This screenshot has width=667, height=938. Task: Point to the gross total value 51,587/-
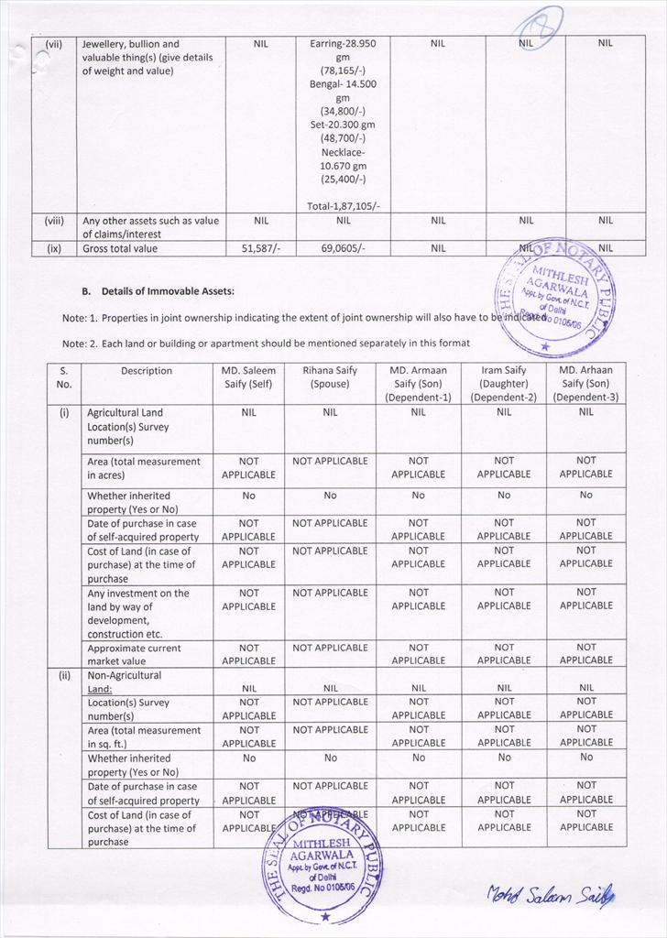pyautogui.click(x=260, y=248)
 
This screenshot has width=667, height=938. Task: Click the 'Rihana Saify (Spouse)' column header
pyautogui.click(x=330, y=377)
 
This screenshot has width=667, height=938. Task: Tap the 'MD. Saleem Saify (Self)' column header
pyautogui.click(x=248, y=377)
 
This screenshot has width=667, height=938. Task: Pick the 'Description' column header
pyautogui.click(x=146, y=371)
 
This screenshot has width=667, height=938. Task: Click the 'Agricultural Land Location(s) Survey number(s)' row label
pyautogui.click(x=128, y=427)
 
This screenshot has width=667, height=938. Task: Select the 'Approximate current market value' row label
pyautogui.click(x=134, y=654)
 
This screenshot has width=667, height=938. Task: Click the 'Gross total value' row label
pyautogui.click(x=120, y=248)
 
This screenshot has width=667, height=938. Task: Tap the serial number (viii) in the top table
pyautogui.click(x=54, y=220)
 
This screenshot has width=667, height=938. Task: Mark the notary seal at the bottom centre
pyautogui.click(x=323, y=866)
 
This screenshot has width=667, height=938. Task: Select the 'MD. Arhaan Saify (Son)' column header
pyautogui.click(x=586, y=384)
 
